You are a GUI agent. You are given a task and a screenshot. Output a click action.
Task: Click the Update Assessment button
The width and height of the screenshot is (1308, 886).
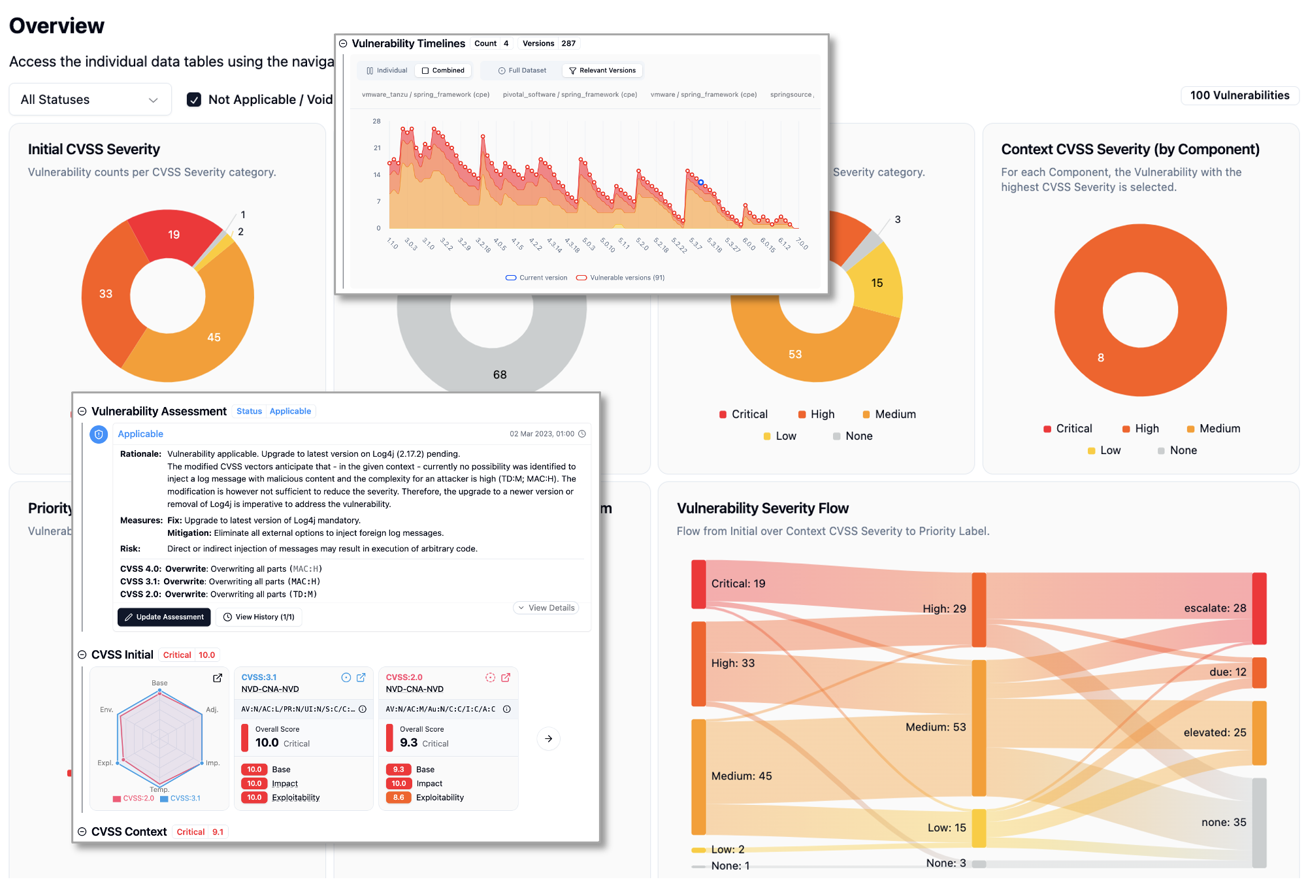[x=164, y=617]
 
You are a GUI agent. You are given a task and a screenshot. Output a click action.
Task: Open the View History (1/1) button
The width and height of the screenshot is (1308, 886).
[x=259, y=617]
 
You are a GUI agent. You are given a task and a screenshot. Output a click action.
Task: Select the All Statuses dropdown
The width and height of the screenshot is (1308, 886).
[x=90, y=99]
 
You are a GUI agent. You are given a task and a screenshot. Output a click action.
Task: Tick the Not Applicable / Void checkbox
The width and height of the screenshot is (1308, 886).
[x=194, y=99]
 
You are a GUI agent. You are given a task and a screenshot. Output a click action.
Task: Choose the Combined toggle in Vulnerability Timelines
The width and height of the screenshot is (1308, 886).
[x=443, y=71]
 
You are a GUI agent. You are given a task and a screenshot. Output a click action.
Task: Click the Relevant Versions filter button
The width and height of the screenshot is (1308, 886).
[x=602, y=71]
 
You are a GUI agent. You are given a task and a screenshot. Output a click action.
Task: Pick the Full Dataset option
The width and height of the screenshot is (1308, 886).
[x=522, y=71]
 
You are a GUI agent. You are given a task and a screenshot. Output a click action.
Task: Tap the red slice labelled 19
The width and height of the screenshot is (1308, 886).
[x=174, y=235]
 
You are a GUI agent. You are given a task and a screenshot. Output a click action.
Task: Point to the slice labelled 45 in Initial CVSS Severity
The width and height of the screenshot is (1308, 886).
[x=214, y=337]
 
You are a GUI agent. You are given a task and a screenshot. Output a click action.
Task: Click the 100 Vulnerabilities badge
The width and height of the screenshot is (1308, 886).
[x=1239, y=95]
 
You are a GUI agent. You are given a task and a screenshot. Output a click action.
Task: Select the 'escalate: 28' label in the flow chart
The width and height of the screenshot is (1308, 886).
[x=1215, y=608]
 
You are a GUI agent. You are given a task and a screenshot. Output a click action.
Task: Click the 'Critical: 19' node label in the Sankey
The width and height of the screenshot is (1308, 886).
[x=738, y=583]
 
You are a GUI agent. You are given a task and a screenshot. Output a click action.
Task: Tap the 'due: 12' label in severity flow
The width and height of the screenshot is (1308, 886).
[x=1228, y=672]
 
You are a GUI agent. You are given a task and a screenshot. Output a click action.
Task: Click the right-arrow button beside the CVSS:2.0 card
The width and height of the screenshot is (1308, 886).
[x=549, y=739]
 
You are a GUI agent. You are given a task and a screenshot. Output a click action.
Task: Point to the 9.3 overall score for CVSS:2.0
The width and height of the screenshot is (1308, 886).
[x=409, y=743]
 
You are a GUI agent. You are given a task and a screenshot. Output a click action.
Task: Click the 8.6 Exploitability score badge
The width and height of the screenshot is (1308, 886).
[x=399, y=797]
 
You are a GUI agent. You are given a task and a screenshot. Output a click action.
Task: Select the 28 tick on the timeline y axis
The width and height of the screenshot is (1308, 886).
[x=376, y=121]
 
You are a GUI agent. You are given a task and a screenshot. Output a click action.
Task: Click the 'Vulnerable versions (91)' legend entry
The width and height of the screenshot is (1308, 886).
[x=621, y=278]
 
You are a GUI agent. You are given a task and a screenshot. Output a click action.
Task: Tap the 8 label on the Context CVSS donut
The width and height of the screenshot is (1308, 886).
[x=1101, y=357]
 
